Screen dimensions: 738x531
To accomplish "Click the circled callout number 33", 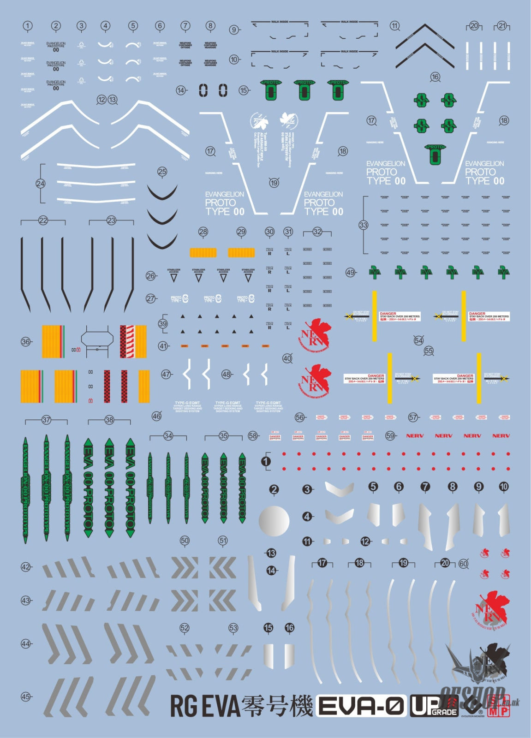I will [364, 225].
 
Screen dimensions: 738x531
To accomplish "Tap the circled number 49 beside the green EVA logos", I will [350, 273].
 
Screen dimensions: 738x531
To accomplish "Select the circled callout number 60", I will [463, 564].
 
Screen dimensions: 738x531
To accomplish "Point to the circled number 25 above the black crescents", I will [162, 172].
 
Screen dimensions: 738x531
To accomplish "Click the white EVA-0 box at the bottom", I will [361, 706].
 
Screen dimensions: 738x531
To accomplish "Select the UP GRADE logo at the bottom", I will [434, 706].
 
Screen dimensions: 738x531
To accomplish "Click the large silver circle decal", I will [274, 521].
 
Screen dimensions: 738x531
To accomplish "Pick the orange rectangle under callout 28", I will [203, 252].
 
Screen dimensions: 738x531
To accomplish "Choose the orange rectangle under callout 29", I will [241, 252].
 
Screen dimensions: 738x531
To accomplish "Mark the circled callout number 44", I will [26, 644].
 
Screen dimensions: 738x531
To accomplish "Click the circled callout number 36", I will [26, 342].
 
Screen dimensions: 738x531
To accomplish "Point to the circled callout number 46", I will [156, 416].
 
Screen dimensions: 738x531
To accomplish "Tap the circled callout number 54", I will [418, 340].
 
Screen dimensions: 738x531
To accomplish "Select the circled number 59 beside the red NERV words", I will [390, 435].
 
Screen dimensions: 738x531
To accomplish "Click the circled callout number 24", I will [41, 184].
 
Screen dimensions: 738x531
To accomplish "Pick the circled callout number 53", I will [233, 628].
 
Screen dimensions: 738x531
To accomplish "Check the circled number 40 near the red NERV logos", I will [287, 358].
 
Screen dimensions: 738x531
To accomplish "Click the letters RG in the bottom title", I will [184, 706].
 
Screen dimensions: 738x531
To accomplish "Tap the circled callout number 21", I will [502, 26].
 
